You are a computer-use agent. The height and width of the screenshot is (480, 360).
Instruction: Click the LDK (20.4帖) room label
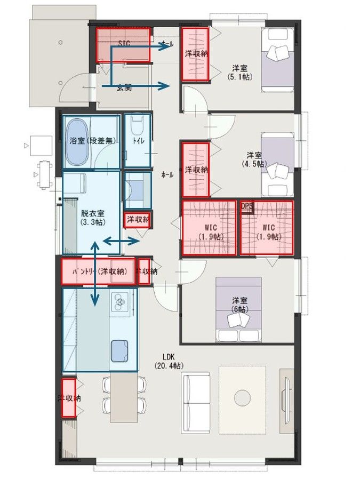170,361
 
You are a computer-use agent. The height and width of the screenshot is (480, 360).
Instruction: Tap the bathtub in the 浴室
78,142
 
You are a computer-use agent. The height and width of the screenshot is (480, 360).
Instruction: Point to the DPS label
246,205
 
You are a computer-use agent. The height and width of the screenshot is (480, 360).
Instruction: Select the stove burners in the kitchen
121,302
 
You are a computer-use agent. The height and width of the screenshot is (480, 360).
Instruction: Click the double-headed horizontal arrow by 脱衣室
121,242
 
